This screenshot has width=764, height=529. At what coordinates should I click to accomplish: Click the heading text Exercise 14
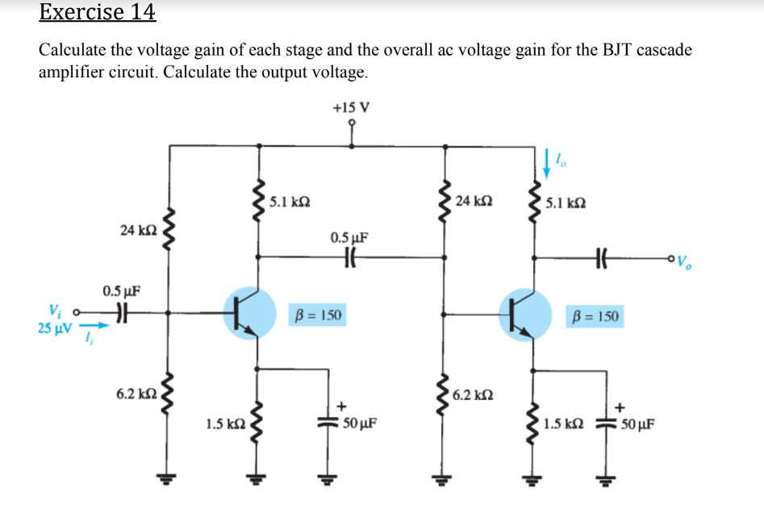coord(98,12)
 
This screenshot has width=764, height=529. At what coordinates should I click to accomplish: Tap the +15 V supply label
coord(351,107)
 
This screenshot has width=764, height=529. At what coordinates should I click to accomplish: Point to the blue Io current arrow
coord(549,162)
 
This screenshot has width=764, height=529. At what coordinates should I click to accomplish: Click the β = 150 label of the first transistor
coord(317,314)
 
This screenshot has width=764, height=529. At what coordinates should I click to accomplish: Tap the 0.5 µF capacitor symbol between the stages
coord(350,258)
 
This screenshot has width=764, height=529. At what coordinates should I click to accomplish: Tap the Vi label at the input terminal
coord(53,310)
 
